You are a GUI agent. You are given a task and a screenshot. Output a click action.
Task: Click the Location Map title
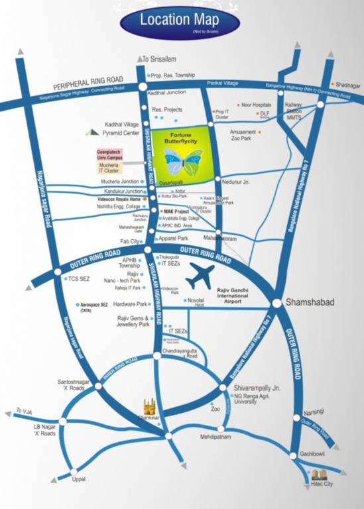[x=179, y=20]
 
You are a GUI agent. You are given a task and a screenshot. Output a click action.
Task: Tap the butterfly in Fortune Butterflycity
[x=184, y=162]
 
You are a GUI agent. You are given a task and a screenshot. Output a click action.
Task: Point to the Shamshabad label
[x=308, y=302]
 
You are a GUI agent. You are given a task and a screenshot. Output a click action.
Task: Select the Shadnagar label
[x=348, y=85]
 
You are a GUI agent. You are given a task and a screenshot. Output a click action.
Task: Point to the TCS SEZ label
[x=78, y=279]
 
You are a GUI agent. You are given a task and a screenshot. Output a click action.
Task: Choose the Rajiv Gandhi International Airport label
[x=240, y=295]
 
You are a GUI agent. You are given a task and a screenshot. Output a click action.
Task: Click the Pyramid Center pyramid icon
[x=92, y=133]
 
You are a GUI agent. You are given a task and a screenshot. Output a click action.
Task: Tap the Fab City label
[x=131, y=242]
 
